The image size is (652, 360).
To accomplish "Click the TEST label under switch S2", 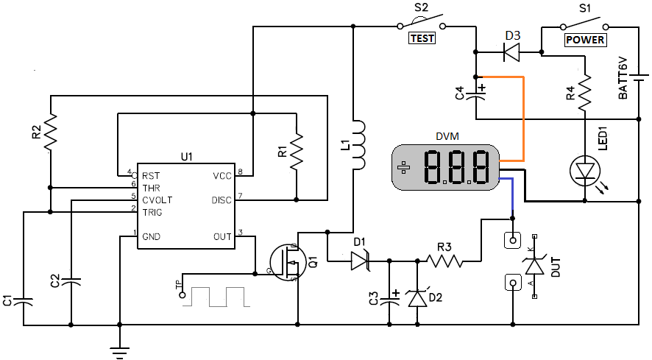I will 422,39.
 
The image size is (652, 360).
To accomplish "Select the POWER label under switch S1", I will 585,40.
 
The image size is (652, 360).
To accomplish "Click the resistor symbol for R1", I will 297,150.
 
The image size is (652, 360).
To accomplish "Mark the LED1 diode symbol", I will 586,170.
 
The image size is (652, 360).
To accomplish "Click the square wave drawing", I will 218,296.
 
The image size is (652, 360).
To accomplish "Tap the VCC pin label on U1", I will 222,175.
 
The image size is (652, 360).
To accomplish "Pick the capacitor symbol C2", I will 71,280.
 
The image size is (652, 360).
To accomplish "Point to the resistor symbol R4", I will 586,92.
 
